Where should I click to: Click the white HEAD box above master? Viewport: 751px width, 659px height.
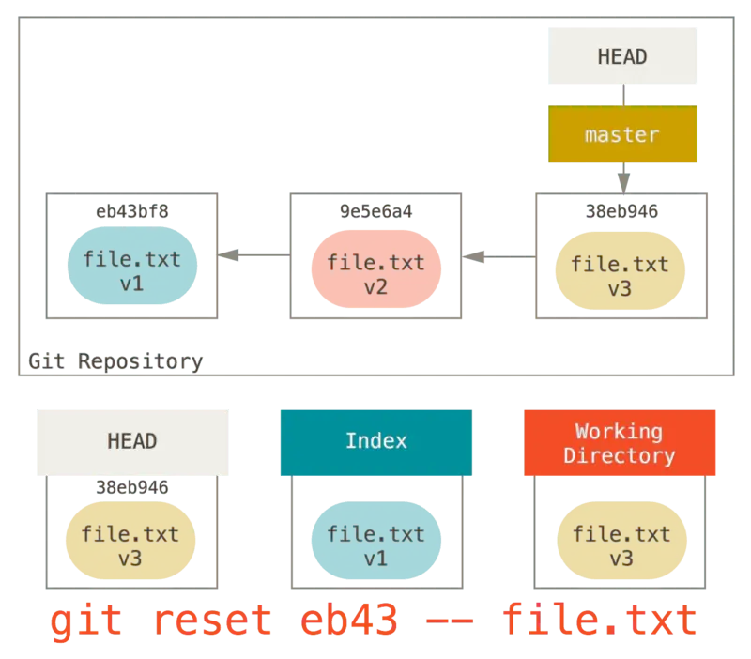coord(622,56)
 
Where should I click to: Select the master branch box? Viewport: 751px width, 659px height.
coord(622,134)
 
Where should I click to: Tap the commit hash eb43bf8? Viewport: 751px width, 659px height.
coord(132,211)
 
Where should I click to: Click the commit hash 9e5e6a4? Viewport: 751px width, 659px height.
coord(375,211)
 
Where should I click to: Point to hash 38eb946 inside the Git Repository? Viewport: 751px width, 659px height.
coord(621,211)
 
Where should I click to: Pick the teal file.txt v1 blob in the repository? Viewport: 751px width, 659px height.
coord(132,270)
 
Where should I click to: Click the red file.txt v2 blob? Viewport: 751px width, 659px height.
coord(375,274)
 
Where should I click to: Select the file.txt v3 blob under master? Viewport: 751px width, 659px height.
coord(620,276)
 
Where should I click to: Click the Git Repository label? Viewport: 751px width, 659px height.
coord(115,361)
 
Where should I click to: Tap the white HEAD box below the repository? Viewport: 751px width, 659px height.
coord(131,441)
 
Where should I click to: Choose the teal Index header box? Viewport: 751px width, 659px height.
coord(375,441)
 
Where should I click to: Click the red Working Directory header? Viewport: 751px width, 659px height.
coord(620,443)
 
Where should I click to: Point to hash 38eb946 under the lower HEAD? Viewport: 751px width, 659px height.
coord(132,487)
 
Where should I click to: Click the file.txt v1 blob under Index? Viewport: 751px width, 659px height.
coord(375,546)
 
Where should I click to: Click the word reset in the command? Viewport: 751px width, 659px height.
coord(212,621)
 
